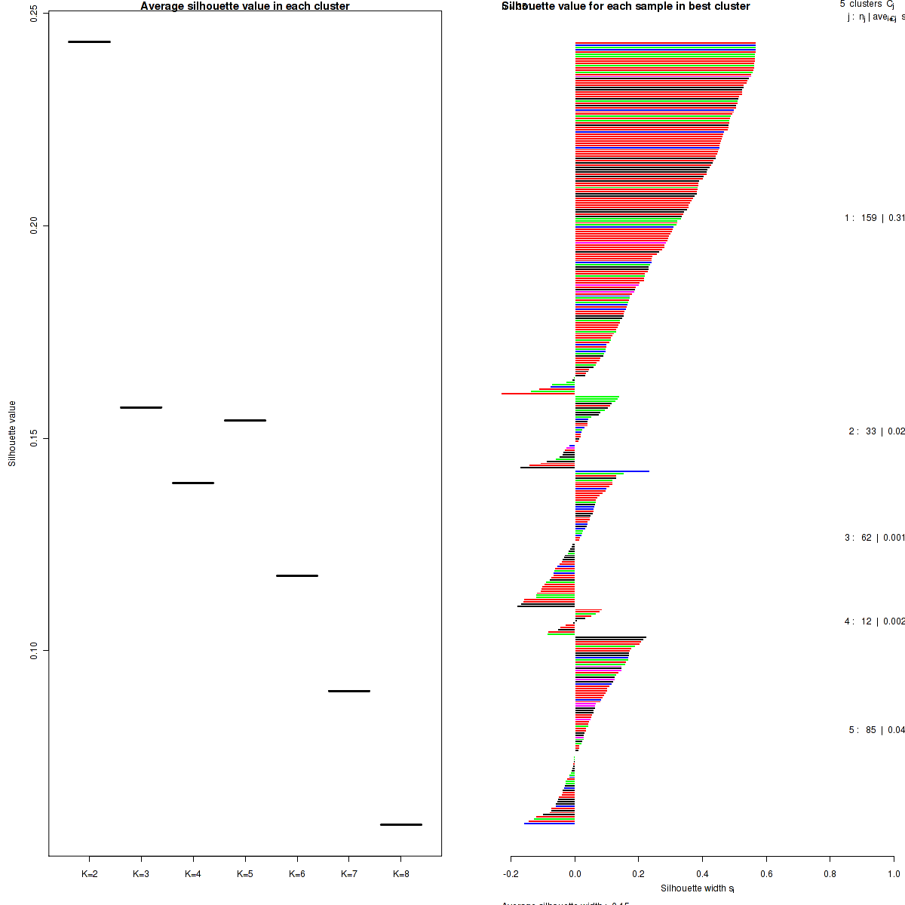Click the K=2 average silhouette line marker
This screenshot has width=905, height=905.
pyautogui.click(x=89, y=41)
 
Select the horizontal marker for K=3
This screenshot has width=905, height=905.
pyautogui.click(x=141, y=407)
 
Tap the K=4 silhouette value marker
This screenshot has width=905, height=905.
pyautogui.click(x=193, y=483)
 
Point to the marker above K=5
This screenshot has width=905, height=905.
pyautogui.click(x=245, y=420)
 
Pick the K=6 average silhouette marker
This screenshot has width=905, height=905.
pyautogui.click(x=297, y=575)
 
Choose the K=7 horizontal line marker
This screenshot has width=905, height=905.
pyautogui.click(x=349, y=691)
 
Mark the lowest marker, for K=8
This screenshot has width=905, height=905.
pyautogui.click(x=401, y=824)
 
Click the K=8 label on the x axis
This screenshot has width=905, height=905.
pyautogui.click(x=401, y=875)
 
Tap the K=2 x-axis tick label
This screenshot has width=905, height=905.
pyautogui.click(x=89, y=875)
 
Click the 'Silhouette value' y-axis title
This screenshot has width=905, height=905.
pyautogui.click(x=12, y=434)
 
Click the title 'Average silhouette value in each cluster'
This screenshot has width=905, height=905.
pyautogui.click(x=245, y=7)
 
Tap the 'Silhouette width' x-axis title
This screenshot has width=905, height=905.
pyautogui.click(x=698, y=888)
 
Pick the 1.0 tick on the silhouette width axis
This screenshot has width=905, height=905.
pyautogui.click(x=893, y=875)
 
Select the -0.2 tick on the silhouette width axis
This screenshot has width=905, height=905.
pyautogui.click(x=511, y=875)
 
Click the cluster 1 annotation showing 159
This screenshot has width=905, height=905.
pyautogui.click(x=874, y=218)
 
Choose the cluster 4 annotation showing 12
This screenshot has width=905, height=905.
pyautogui.click(x=874, y=621)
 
